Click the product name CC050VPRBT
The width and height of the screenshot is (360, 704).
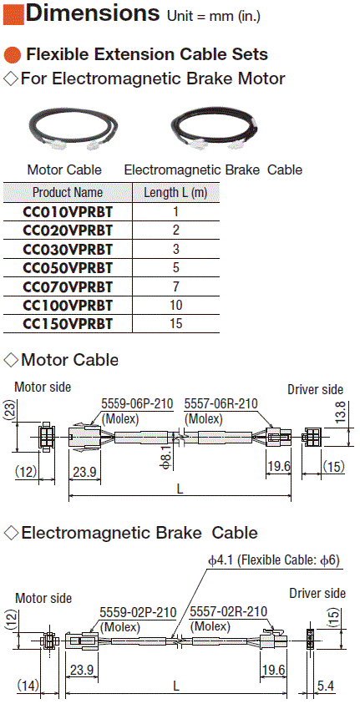click(68, 267)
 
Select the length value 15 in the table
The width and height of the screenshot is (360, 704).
click(176, 323)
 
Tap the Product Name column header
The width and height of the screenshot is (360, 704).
click(68, 193)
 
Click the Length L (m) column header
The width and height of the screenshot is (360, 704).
click(176, 193)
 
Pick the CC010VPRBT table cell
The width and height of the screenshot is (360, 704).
click(68, 211)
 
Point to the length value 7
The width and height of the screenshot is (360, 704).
click(176, 286)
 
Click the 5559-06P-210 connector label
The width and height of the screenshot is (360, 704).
click(137, 403)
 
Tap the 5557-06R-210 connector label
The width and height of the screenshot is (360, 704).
click(221, 403)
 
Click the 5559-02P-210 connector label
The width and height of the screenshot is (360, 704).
click(139, 611)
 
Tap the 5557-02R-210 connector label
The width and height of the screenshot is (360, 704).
click(229, 611)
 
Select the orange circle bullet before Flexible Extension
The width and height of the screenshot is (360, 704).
click(13, 55)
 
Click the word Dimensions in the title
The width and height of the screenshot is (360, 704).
click(93, 13)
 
